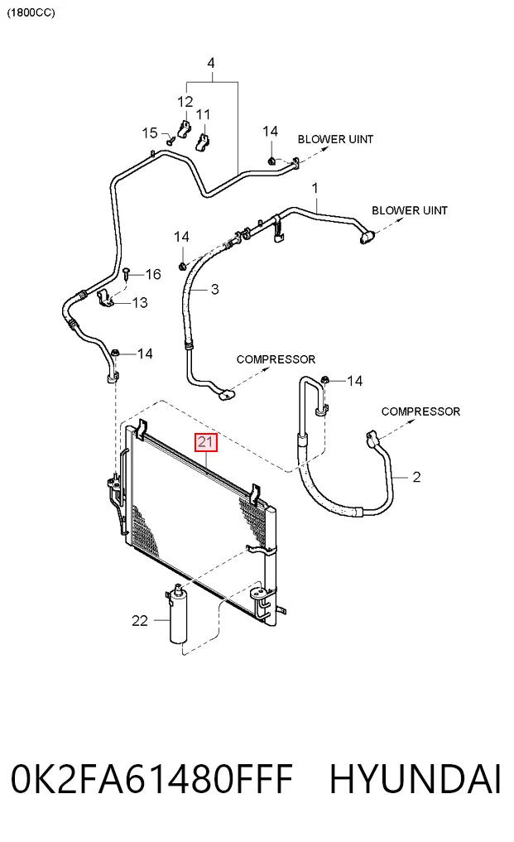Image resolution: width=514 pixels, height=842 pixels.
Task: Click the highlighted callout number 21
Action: (206, 442)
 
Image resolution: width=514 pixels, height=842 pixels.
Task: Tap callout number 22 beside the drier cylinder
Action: (140, 621)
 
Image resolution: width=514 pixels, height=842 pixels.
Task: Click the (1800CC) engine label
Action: (31, 12)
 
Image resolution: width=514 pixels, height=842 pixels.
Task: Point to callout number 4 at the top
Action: (211, 63)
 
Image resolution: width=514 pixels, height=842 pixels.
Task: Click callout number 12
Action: (185, 102)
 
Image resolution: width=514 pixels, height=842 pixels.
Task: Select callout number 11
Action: (203, 114)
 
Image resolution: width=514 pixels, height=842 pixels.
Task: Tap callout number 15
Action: (150, 132)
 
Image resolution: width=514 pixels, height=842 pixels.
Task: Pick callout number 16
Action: (153, 274)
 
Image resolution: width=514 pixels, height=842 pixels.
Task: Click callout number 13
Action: (140, 303)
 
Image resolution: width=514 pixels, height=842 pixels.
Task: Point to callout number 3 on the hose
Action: (215, 290)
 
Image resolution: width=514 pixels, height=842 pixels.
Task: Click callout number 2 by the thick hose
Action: (417, 477)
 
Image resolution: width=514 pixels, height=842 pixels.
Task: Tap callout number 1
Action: (315, 188)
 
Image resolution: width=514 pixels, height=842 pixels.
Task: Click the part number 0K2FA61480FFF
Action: (152, 779)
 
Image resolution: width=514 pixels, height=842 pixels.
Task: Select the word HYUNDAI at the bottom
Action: (416, 779)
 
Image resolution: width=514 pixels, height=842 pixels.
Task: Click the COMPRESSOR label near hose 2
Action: (420, 411)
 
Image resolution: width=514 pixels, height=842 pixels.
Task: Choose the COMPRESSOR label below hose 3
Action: (276, 359)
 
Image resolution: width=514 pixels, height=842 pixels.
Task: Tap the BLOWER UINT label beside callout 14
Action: (336, 139)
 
